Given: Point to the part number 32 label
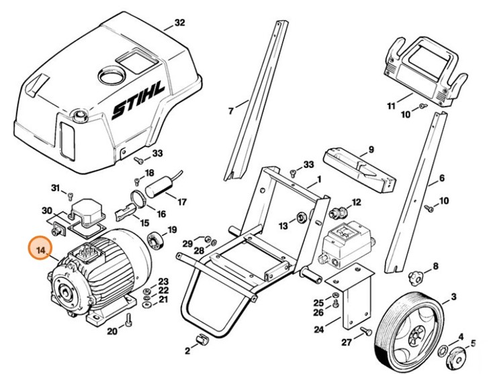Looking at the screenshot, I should coord(179,23).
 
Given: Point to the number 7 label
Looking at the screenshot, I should coord(230,111).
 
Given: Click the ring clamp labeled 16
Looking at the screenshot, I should coord(138,199).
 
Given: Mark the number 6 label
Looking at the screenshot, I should coord(441,179).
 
